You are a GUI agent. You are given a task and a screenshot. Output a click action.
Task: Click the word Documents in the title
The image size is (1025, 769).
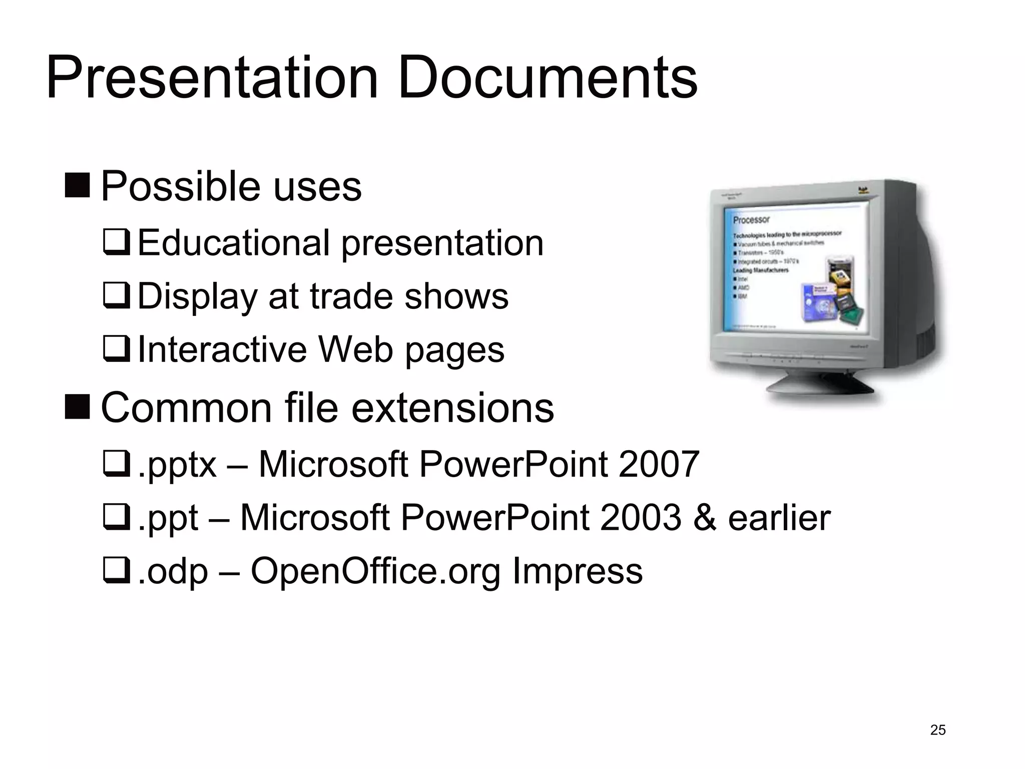click(x=548, y=79)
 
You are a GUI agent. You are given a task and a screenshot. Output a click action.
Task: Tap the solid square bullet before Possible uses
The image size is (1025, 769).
click(x=77, y=184)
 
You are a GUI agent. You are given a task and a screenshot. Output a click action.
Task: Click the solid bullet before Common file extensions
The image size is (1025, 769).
click(x=77, y=407)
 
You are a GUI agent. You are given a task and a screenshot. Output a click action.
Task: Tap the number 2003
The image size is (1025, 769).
click(x=640, y=517)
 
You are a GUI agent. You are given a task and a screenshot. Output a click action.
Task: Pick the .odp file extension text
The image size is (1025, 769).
click(x=173, y=571)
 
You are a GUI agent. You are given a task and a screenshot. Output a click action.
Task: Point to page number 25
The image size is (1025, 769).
click(x=937, y=730)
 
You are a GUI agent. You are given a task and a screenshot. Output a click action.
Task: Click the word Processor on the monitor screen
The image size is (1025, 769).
click(x=751, y=220)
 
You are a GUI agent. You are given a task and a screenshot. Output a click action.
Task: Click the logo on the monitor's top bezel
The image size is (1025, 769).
click(x=862, y=190)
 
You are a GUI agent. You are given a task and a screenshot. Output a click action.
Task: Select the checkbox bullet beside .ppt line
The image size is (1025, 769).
click(x=116, y=518)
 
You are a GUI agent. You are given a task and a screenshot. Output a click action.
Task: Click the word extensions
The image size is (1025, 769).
click(x=452, y=408)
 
